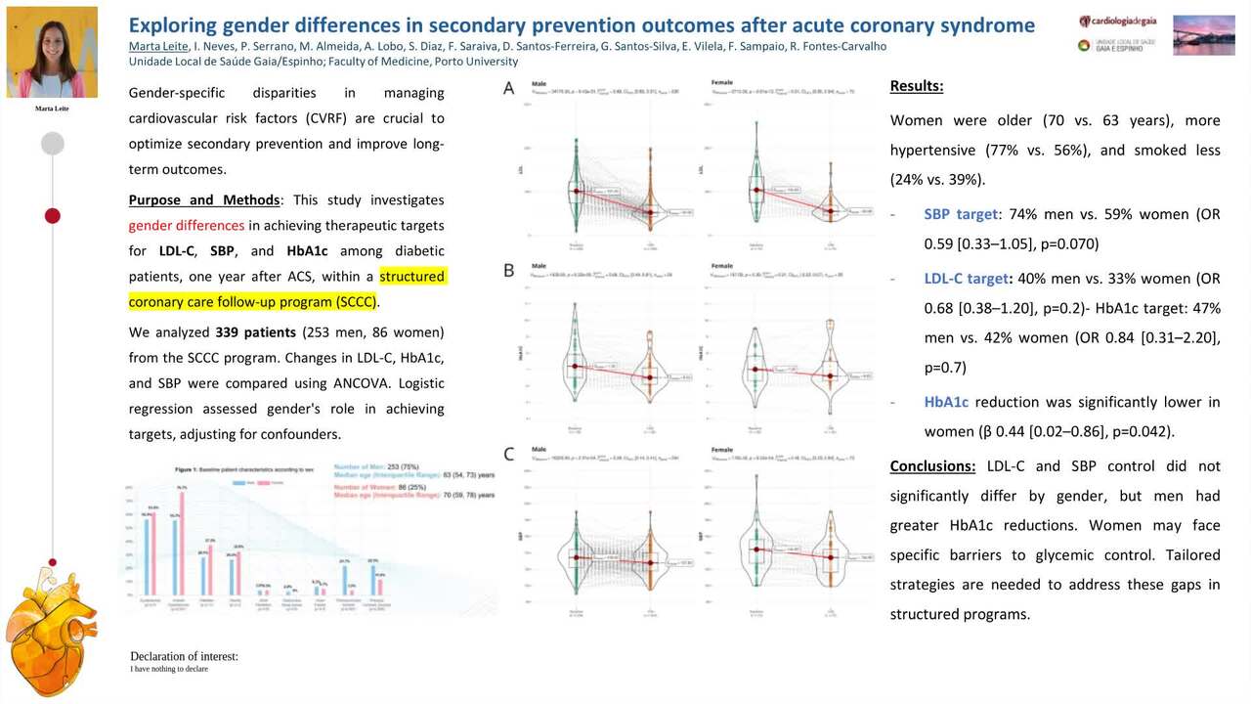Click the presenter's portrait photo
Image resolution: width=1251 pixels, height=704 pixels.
point(52,52)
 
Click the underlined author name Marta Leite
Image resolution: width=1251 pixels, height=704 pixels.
point(158,46)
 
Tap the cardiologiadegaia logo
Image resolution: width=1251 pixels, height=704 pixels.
point(1119,22)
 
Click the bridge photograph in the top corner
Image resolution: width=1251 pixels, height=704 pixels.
point(1203,34)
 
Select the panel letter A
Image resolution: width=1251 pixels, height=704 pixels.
point(508,89)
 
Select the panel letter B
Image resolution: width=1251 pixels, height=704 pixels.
point(508,270)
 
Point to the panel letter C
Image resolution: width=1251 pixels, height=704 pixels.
point(508,453)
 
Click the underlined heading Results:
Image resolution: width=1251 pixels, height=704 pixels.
point(917,86)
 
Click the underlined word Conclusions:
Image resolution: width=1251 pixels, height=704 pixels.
point(932,465)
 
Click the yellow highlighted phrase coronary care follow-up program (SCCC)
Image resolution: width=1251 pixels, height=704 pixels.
point(252,301)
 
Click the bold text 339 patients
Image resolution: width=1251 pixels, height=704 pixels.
point(255,332)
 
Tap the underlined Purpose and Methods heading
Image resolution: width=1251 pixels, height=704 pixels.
point(204,199)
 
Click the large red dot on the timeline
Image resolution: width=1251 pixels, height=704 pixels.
point(53,215)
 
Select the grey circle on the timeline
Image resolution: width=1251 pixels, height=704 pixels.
point(53,144)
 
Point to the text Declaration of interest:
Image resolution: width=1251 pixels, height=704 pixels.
point(184,656)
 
